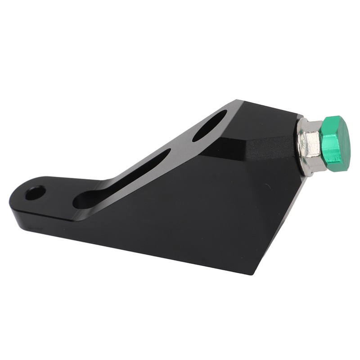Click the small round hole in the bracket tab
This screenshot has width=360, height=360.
pos(35,193)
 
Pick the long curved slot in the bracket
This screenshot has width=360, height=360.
pos(121,180)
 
